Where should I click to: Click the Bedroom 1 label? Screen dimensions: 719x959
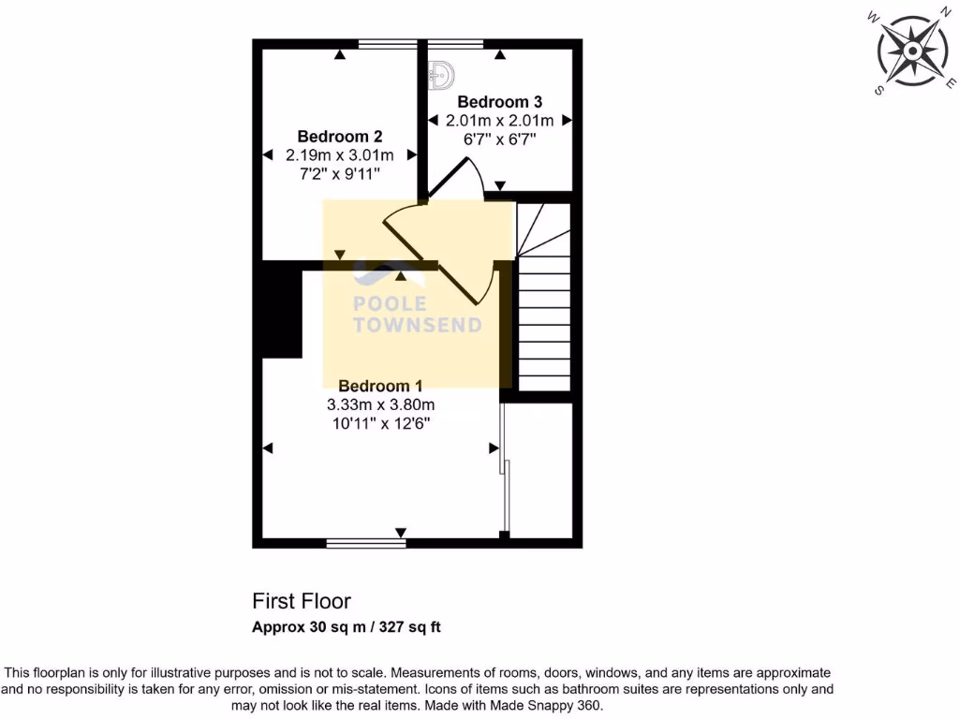tap(380, 386)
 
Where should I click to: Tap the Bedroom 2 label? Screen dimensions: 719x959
tap(339, 136)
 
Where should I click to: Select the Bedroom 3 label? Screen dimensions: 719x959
tap(499, 101)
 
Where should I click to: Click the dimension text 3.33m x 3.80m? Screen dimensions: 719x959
tap(380, 404)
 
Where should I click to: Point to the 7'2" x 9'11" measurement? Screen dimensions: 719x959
tap(339, 174)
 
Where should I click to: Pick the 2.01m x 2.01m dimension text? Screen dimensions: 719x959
tap(499, 120)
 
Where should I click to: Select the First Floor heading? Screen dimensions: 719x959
tap(302, 601)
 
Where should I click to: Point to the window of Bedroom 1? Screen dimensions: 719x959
tap(366, 542)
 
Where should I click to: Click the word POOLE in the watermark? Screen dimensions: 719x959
tap(390, 304)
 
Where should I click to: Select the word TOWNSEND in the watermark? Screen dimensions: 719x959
tap(417, 326)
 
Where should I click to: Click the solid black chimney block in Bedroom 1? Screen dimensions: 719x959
tap(281, 309)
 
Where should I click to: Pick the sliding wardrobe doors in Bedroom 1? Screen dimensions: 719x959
tap(506, 468)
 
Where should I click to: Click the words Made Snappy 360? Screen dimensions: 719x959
tap(559, 704)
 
